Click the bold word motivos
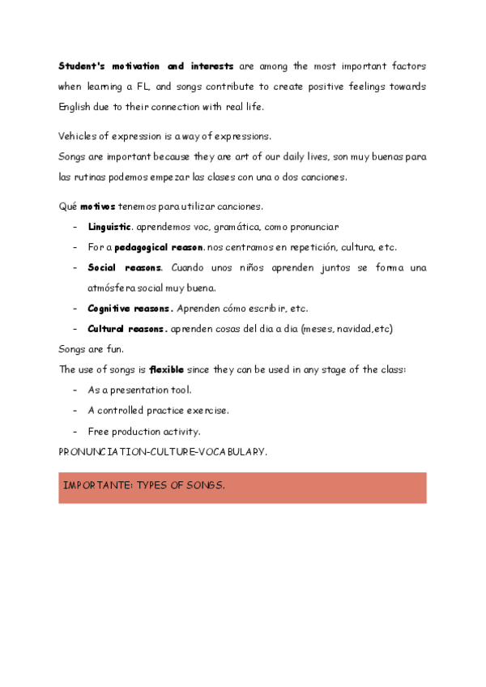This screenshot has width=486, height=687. (x=97, y=207)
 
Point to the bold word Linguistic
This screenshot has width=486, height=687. (x=109, y=227)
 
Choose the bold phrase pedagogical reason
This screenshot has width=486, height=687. (x=159, y=247)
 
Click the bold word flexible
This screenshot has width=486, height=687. (x=167, y=369)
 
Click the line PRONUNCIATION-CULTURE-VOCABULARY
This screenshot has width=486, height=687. (x=163, y=451)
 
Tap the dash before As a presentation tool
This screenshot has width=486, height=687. (x=75, y=390)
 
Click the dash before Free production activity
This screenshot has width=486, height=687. (x=75, y=431)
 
